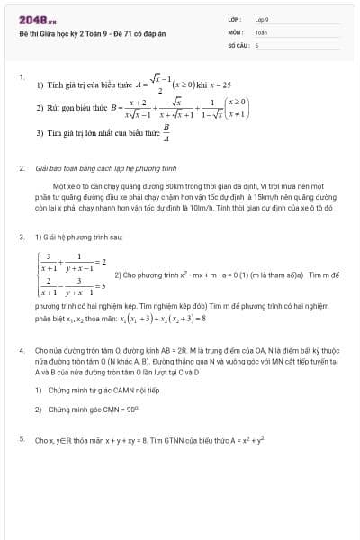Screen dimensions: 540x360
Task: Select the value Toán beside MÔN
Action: click(260, 31)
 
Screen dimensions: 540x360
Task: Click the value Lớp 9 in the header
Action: click(262, 18)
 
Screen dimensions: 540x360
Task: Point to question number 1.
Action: click(21, 76)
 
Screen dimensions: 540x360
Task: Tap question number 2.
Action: click(21, 168)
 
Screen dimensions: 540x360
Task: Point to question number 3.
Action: click(21, 237)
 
